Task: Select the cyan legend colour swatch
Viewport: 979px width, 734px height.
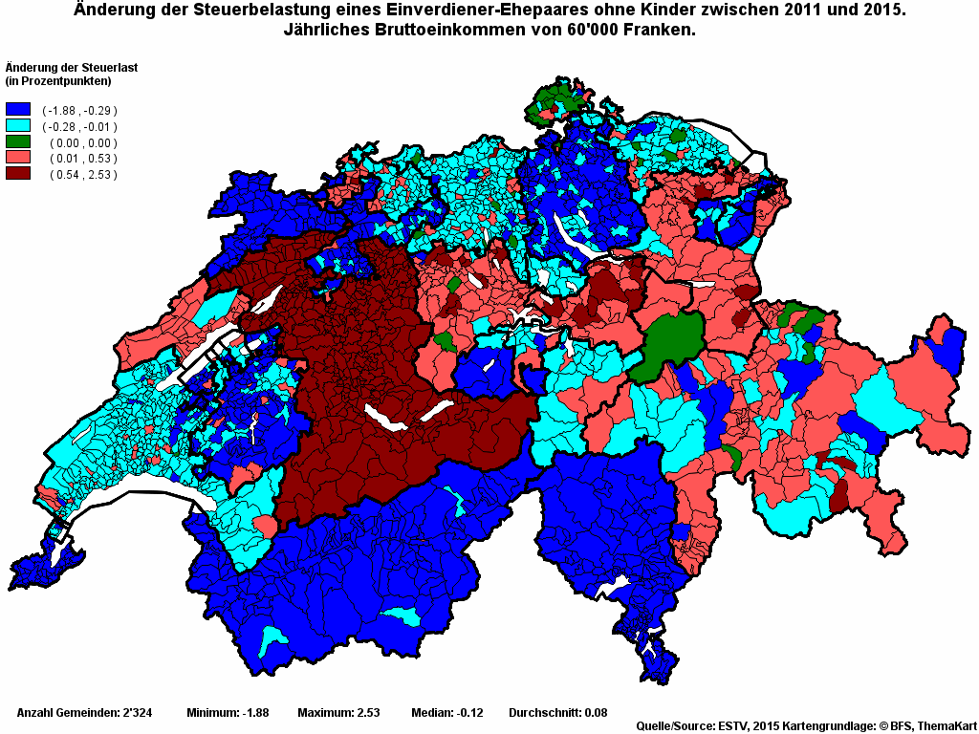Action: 18,126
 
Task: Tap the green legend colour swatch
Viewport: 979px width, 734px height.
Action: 18,142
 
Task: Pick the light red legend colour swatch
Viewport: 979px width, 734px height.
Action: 18,159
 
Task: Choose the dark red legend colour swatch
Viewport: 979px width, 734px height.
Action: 18,174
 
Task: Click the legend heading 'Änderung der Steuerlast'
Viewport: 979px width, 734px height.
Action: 69,67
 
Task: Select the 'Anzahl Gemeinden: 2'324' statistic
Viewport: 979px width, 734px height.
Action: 85,713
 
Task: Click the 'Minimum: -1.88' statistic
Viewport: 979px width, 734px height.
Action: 228,713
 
